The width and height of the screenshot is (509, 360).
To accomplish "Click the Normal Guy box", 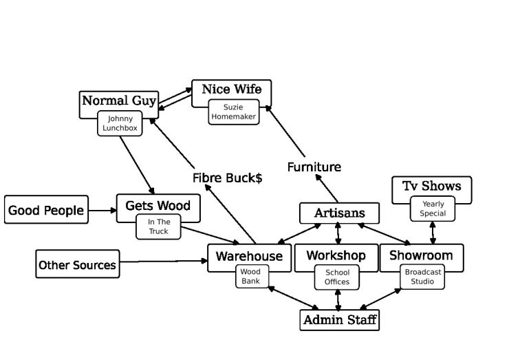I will (119, 102).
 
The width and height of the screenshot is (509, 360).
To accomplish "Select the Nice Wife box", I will (231, 90).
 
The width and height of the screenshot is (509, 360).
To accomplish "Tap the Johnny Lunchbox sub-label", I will (120, 123).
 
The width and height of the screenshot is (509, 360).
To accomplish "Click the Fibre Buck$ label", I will (227, 178).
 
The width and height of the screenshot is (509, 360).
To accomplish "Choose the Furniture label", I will (314, 167).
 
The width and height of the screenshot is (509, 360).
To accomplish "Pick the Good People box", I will (46, 210).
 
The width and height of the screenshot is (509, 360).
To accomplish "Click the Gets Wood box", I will (158, 206).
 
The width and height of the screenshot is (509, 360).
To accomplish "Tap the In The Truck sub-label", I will (158, 226).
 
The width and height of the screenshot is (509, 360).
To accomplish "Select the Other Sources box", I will (77, 265).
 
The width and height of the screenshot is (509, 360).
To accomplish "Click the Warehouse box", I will (249, 256).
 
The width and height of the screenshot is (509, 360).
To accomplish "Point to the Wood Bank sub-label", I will (250, 277).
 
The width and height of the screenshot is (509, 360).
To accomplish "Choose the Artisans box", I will (339, 213).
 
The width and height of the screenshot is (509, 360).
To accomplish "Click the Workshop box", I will (336, 256).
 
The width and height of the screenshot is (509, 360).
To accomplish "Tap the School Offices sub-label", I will (337, 277).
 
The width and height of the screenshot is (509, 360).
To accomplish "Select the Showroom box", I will (421, 256).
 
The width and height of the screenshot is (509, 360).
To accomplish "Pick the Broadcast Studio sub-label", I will (423, 277).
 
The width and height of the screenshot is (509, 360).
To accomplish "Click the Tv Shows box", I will (431, 187).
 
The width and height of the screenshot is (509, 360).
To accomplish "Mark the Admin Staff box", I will (340, 320).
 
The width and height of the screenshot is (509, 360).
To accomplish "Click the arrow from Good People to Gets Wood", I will (102, 210).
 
